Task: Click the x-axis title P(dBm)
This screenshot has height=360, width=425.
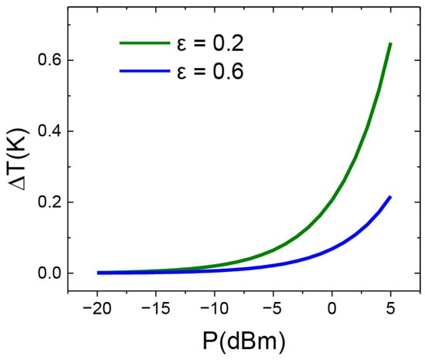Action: click(x=244, y=341)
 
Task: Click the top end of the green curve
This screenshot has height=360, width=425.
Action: click(x=390, y=44)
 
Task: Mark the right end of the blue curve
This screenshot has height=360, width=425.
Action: click(x=390, y=197)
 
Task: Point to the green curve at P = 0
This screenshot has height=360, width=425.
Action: click(x=332, y=199)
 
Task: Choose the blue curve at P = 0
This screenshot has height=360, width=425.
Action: click(x=332, y=249)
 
